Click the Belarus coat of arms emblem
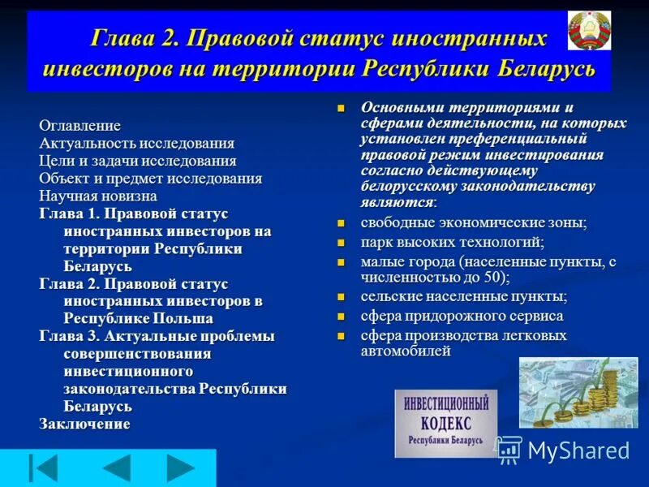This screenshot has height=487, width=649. pos(590,32)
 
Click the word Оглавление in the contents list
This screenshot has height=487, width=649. pos(80,126)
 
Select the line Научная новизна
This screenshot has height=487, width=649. pos(98,196)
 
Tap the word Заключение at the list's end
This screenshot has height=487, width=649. pos(84,424)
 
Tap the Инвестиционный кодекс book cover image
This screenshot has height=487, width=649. pos(445,423)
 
